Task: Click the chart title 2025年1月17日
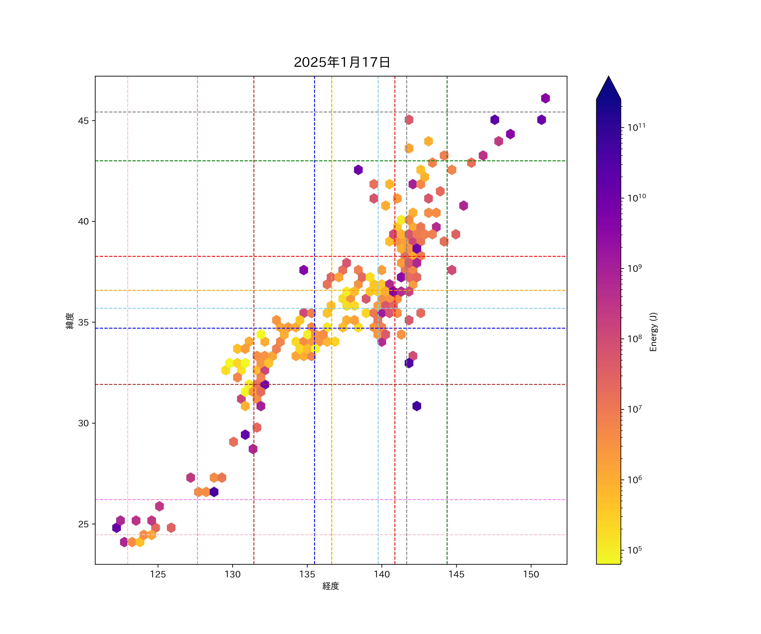coord(342,62)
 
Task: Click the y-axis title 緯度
coord(70,321)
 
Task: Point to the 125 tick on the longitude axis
coord(158,574)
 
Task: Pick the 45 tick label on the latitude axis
coord(83,121)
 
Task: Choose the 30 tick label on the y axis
coord(83,423)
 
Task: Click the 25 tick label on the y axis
coord(83,524)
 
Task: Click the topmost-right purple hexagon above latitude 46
coord(545,98)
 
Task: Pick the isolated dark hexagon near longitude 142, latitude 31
coord(417,406)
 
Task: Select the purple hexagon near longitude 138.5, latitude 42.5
coord(358,169)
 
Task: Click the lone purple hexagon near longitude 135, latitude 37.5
coord(304,270)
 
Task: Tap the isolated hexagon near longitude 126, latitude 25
coord(171,528)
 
